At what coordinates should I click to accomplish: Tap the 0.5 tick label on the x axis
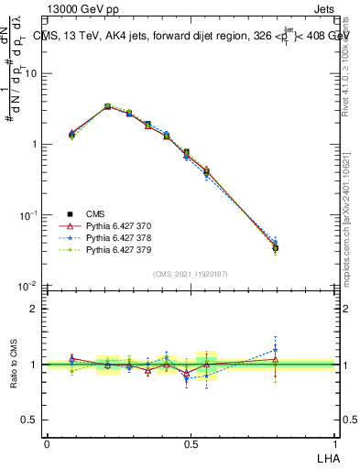click(x=190, y=443)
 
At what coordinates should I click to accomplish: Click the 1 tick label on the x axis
click(x=333, y=443)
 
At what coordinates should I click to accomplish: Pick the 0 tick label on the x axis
click(x=47, y=443)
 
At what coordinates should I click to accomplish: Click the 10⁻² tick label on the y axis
click(x=29, y=286)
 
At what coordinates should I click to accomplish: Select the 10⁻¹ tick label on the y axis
click(x=29, y=215)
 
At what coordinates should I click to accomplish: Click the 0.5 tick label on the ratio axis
click(x=32, y=420)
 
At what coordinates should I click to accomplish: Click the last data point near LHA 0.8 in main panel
click(x=276, y=247)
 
